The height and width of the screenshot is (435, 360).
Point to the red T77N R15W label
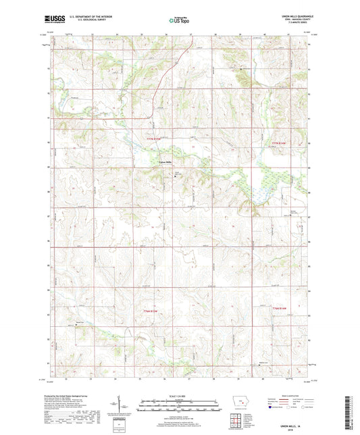[155, 140]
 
